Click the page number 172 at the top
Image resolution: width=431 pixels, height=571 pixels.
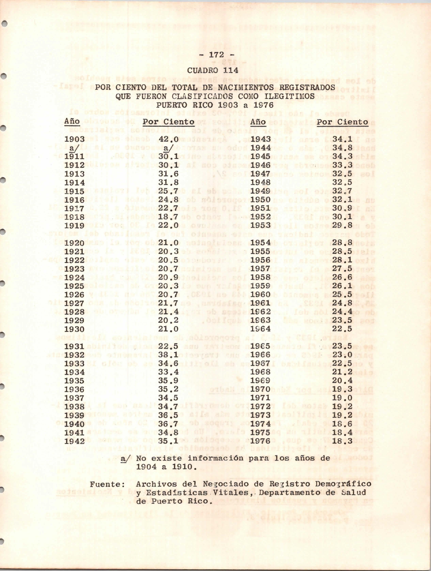[216, 55]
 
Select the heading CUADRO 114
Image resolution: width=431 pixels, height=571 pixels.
[213, 70]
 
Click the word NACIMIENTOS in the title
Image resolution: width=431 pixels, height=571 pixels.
[246, 87]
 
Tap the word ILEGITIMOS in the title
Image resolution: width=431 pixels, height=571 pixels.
[290, 96]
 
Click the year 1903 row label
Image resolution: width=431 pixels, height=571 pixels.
[74, 139]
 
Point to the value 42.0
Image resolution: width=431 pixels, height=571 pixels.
[168, 139]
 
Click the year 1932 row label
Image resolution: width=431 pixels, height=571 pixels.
[74, 355]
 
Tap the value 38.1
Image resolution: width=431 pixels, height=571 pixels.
[168, 355]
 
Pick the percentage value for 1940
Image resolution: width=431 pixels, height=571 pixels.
[168, 424]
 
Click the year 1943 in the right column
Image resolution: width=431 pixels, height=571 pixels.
[260, 139]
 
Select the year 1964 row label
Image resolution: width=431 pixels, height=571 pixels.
[260, 329]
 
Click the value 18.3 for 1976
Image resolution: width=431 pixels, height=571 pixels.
[342, 441]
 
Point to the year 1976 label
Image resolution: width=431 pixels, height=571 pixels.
[260, 441]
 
